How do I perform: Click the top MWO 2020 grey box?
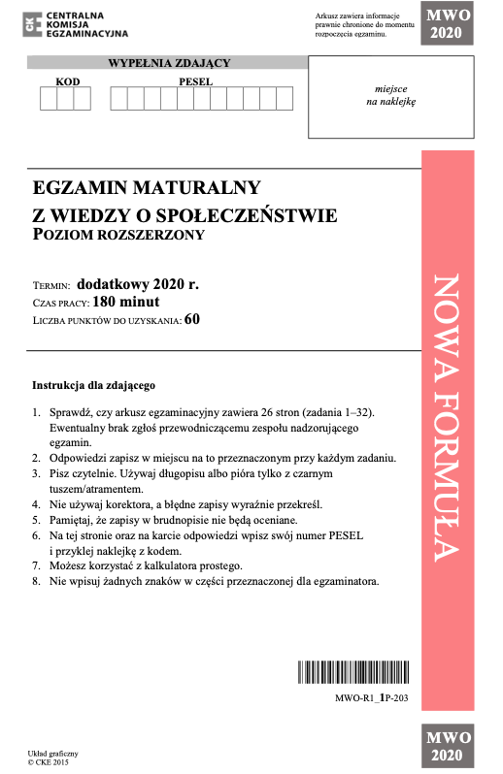click(x=447, y=23)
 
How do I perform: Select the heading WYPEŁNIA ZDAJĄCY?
click(x=169, y=63)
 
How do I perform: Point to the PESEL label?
click(x=195, y=81)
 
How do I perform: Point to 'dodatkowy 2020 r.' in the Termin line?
click(x=137, y=284)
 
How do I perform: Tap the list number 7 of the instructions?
click(x=36, y=565)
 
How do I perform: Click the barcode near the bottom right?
click(x=354, y=672)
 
